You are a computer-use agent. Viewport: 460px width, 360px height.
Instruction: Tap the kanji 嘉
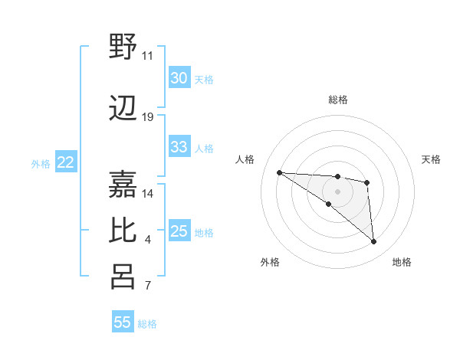point(123,182)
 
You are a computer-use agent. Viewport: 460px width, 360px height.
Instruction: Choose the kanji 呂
point(123,277)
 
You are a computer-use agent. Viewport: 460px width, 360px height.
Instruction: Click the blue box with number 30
point(179,78)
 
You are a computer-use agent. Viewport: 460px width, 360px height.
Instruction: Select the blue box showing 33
point(179,147)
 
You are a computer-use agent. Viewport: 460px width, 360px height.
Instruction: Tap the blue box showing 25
point(179,231)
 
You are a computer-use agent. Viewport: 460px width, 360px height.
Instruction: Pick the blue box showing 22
point(66,162)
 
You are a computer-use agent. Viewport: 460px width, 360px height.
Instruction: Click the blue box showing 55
point(123,322)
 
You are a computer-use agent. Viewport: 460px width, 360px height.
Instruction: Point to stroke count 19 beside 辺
point(148,117)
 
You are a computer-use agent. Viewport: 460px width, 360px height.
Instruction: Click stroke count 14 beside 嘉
point(148,193)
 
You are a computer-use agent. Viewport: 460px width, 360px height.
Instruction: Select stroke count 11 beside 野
point(148,56)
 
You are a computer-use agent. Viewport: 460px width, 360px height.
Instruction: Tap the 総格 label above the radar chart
point(338,100)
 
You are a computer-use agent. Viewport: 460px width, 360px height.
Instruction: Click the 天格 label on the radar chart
point(431,159)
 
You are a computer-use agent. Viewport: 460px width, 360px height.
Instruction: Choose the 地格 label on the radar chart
point(402,262)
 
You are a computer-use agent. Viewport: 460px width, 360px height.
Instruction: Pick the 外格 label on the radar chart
point(270,262)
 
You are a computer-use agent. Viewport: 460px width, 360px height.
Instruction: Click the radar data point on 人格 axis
point(280,172)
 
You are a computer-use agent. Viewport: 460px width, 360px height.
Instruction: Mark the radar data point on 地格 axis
point(373,242)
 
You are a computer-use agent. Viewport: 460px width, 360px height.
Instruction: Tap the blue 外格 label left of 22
point(41,163)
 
